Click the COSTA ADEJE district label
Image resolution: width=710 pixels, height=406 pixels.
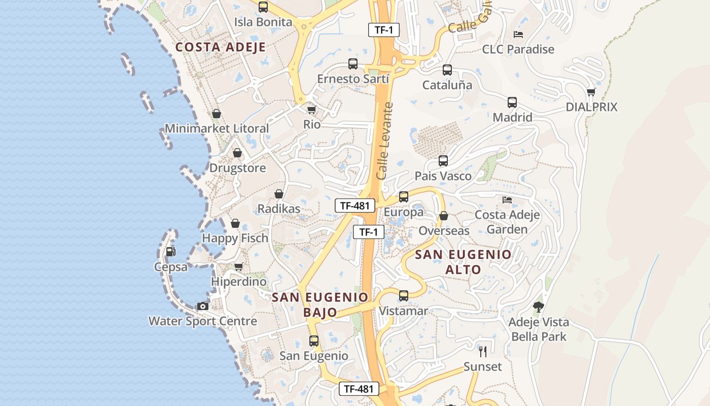221,47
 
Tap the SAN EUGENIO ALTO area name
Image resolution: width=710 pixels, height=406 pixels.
463,262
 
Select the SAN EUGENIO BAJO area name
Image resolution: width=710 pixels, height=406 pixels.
320,304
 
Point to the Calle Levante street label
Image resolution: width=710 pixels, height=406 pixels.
385,141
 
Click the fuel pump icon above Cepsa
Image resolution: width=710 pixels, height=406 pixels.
171,251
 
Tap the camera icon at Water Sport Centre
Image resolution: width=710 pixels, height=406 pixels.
202,306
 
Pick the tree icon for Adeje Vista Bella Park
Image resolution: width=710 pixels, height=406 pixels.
538,307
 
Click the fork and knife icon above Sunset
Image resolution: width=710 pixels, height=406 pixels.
483,351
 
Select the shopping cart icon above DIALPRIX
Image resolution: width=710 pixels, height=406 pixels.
591,92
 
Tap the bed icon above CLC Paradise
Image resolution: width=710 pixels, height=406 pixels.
518,35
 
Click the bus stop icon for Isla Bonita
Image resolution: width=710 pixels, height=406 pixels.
263,7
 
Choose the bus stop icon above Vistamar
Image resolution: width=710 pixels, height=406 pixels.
404,295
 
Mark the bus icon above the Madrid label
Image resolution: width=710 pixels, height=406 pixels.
512,103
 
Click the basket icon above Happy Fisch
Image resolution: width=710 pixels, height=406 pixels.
235,223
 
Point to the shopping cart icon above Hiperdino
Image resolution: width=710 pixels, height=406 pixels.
238,266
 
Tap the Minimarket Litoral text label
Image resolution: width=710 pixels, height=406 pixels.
217,128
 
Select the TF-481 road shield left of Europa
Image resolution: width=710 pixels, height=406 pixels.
355,206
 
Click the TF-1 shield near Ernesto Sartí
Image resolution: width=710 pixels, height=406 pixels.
384,30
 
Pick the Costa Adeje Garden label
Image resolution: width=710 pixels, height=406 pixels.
507,222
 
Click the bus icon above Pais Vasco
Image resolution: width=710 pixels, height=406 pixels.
443,161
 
